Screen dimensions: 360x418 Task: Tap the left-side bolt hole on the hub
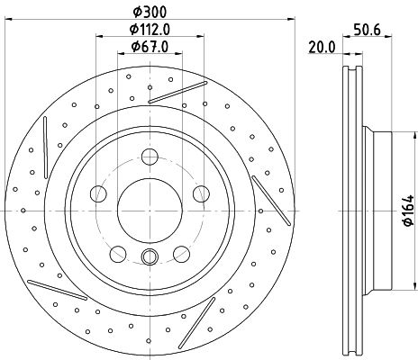[x=99, y=191]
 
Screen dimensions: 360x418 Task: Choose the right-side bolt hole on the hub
[x=200, y=191]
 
